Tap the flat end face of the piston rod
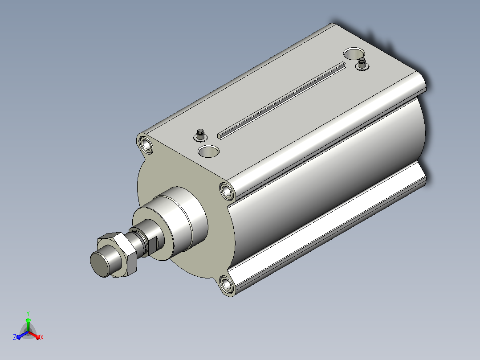[x=100, y=264]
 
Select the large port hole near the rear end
[x=353, y=53]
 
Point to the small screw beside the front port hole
[x=200, y=135]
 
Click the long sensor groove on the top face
[x=281, y=100]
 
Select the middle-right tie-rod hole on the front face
[x=227, y=191]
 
